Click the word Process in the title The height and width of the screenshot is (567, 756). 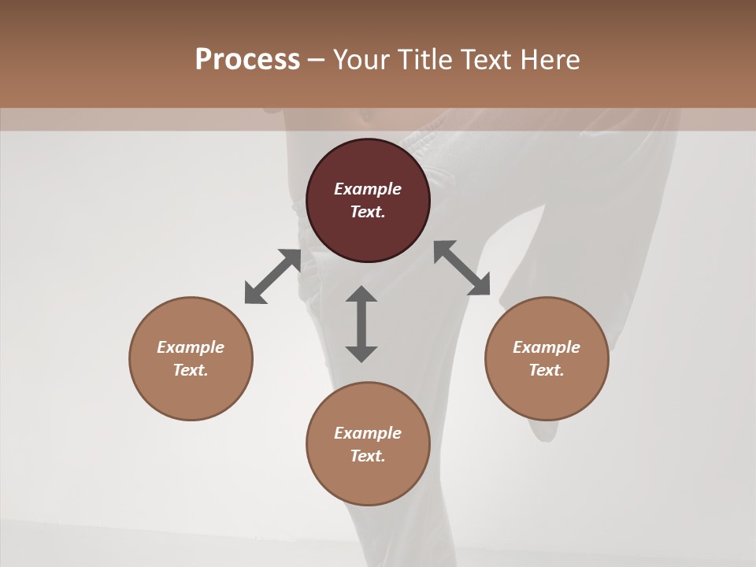tap(247, 60)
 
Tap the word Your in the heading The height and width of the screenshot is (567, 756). tap(361, 60)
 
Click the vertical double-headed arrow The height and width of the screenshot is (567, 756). tap(361, 324)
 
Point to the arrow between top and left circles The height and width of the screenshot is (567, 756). tap(272, 276)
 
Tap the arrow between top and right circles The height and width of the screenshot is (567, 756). tap(462, 268)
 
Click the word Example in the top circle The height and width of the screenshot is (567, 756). tap(368, 189)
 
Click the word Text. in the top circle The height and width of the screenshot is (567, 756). tap(368, 212)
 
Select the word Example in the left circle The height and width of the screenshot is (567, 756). tap(191, 347)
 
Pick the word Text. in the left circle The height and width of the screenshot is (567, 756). tap(191, 370)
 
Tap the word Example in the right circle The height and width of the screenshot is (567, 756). tap(547, 347)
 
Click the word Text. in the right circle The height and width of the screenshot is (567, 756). tap(547, 370)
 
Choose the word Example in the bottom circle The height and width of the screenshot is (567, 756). tap(368, 433)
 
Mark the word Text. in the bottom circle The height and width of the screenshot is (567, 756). tap(368, 456)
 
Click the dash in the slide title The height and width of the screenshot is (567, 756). tap(317, 61)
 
